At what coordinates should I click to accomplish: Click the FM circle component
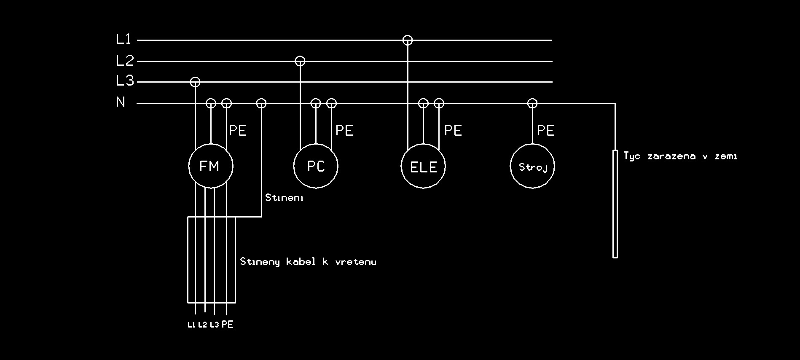[x=210, y=166]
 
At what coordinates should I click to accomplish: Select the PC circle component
[x=316, y=166]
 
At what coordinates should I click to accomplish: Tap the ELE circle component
[x=423, y=166]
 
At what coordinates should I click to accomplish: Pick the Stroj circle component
[x=532, y=166]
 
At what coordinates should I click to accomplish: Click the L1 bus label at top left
[x=124, y=40]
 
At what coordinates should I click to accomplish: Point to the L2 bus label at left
[x=125, y=61]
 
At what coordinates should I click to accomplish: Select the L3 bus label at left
[x=125, y=81]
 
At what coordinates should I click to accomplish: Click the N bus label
[x=121, y=102]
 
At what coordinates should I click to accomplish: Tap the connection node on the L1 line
[x=408, y=40]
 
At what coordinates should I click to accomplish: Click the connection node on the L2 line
[x=300, y=61]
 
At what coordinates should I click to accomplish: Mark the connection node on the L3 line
[x=195, y=82]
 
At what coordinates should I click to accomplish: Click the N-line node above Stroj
[x=532, y=103]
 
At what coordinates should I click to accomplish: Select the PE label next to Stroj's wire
[x=546, y=131]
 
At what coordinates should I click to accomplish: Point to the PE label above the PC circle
[x=344, y=131]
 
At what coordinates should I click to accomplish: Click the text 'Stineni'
[x=285, y=198]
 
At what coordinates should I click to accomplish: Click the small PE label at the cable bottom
[x=228, y=325]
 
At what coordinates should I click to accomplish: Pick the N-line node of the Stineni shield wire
[x=261, y=103]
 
